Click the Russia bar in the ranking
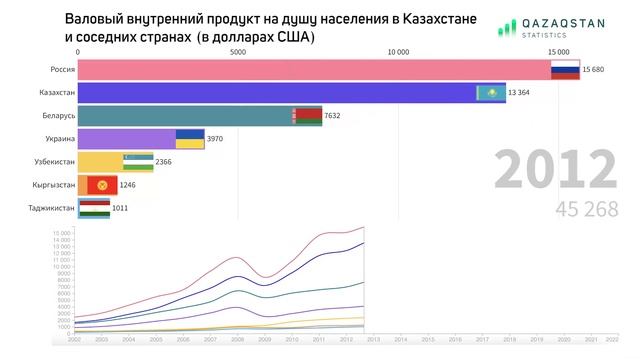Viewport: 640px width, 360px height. click(x=310, y=70)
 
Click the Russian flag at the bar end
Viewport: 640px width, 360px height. click(x=566, y=70)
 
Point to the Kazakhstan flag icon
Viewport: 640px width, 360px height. click(x=491, y=93)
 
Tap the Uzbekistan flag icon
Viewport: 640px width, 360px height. click(x=138, y=162)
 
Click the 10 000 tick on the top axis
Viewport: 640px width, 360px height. click(x=397, y=51)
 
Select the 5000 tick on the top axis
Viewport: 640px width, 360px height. click(x=237, y=51)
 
